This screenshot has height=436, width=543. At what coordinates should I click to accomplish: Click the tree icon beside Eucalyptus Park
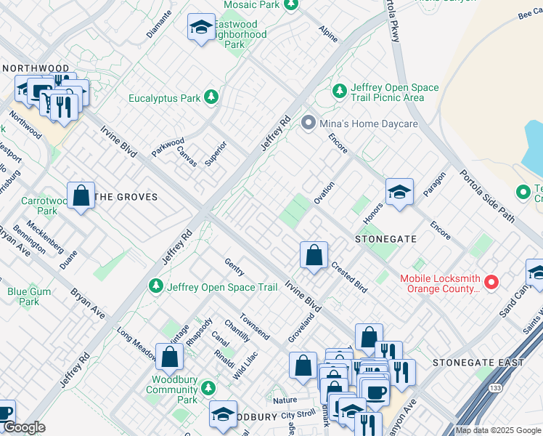pyautogui.click(x=211, y=97)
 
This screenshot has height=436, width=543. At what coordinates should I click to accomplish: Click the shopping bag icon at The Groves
pyautogui.click(x=81, y=195)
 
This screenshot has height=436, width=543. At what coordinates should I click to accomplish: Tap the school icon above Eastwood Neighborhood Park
pyautogui.click(x=200, y=28)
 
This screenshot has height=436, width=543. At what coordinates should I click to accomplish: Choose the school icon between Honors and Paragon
pyautogui.click(x=399, y=192)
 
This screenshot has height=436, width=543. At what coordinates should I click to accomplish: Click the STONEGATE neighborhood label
pyautogui.click(x=385, y=238)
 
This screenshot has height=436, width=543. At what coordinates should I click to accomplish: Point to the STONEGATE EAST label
pyautogui.click(x=477, y=363)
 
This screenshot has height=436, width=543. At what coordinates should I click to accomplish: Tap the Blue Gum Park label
pyautogui.click(x=23, y=296)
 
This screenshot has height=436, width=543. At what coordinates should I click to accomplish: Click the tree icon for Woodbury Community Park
pyautogui.click(x=209, y=388)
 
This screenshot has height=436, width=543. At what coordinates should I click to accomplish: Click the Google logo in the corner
pyautogui.click(x=23, y=428)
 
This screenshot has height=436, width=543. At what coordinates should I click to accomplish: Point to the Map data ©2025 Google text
pyautogui.click(x=498, y=430)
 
